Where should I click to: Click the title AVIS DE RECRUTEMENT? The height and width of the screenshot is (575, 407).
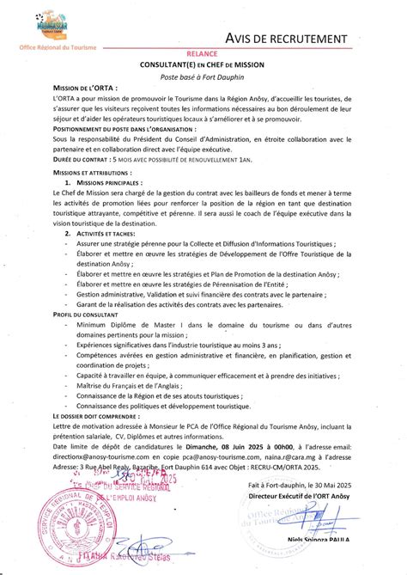click(x=287, y=39)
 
